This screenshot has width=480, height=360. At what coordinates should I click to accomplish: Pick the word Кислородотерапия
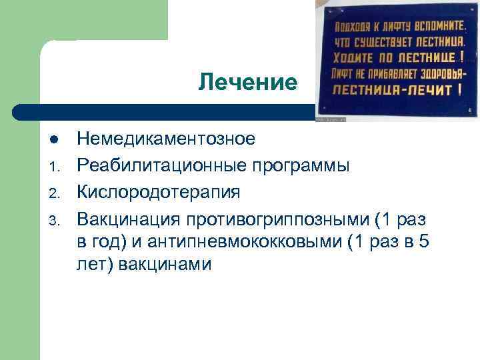click(159, 192)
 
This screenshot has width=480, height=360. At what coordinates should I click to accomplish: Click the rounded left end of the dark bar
click(20, 111)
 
